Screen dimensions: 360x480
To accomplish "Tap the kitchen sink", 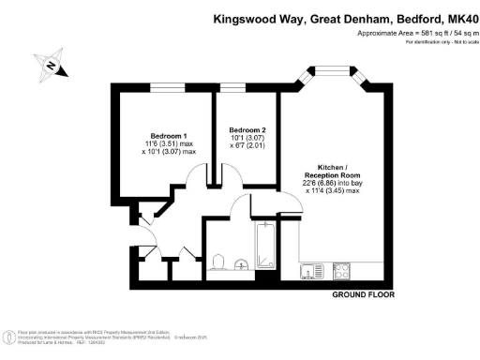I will coord(310,272).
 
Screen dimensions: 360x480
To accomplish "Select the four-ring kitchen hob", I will coord(341,273).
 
